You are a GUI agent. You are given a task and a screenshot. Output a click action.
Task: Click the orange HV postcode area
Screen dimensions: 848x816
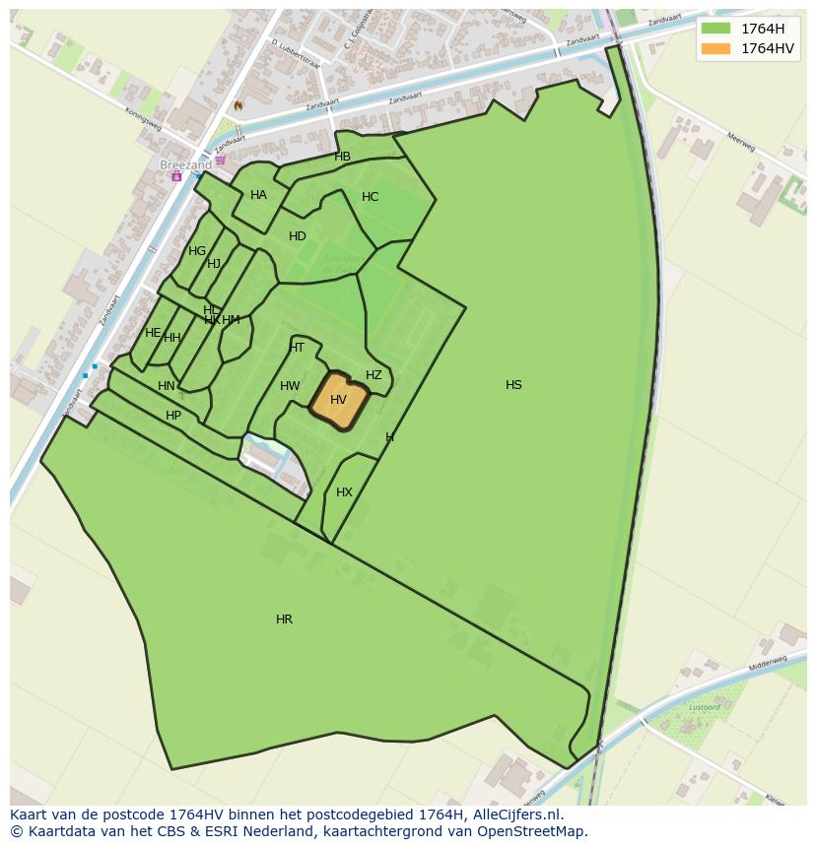pyautogui.click(x=339, y=401)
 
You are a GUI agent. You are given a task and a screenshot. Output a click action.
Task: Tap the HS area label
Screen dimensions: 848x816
pyautogui.click(x=513, y=385)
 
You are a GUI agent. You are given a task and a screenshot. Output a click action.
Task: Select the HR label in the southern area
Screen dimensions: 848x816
pyautogui.click(x=284, y=620)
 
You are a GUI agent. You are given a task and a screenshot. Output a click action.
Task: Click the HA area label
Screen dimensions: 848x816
pyautogui.click(x=258, y=195)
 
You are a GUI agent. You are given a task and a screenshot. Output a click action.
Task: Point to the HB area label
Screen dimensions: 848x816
pyautogui.click(x=342, y=157)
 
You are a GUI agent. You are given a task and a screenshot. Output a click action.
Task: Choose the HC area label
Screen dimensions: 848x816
pyautogui.click(x=370, y=197)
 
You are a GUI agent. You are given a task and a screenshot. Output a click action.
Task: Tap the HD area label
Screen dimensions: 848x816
pyautogui.click(x=298, y=236)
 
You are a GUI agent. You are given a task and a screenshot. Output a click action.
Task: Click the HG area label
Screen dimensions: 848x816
pyautogui.click(x=197, y=251)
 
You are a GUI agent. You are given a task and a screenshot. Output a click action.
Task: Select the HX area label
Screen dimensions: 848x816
pyautogui.click(x=344, y=492)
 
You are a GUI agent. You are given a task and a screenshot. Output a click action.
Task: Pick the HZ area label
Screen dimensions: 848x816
pyautogui.click(x=374, y=375)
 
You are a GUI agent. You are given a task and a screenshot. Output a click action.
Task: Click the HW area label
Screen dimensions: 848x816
pyautogui.click(x=290, y=386)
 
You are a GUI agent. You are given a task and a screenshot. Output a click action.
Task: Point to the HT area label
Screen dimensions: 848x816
pyautogui.click(x=297, y=348)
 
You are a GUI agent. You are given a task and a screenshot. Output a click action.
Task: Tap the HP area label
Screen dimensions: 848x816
pyautogui.click(x=173, y=416)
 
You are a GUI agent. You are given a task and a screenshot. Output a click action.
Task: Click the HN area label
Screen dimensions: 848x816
pyautogui.click(x=167, y=386)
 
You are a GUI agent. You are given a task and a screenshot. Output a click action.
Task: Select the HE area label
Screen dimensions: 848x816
pyautogui.click(x=153, y=333)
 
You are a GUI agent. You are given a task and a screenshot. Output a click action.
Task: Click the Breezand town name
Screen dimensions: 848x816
pyautogui.click(x=185, y=165)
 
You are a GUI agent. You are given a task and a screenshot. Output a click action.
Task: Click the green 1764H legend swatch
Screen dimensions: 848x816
pyautogui.click(x=716, y=29)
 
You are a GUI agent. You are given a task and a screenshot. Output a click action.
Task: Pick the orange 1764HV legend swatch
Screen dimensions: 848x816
pyautogui.click(x=716, y=48)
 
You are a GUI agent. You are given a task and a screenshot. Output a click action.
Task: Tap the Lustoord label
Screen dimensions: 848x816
pyautogui.click(x=704, y=707)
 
